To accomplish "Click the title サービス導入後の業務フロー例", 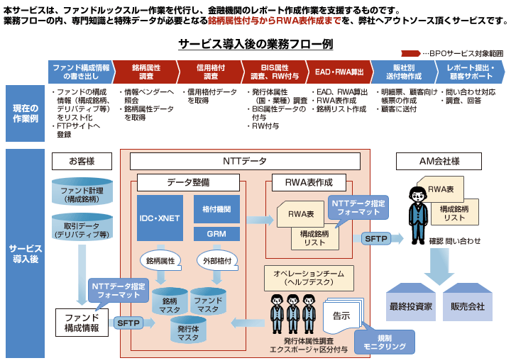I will tap(255, 44).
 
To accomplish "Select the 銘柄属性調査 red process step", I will tap(147, 72).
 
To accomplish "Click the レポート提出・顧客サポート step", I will tap(469, 72).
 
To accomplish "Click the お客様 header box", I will tap(82, 161).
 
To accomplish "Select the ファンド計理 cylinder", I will tap(82, 192).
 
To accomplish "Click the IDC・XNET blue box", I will tap(160, 218).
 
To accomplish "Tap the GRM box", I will tap(216, 233).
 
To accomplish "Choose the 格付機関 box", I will tap(216, 210).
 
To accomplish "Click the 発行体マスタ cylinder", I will tap(188, 332).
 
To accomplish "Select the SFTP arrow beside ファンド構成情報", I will tap(129, 323).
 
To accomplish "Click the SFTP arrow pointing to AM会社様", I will tap(376, 239).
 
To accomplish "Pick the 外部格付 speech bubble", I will tap(216, 260).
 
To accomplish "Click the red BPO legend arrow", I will tap(411, 53).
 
